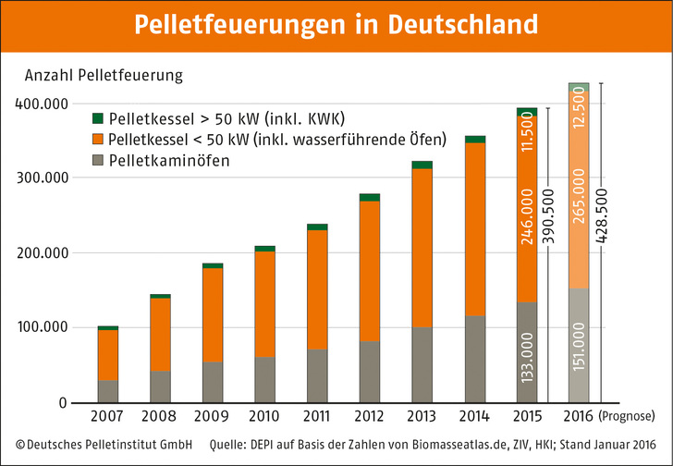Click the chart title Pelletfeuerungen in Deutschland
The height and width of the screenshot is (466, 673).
[x=336, y=25]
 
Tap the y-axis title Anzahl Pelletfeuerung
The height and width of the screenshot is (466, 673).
[x=104, y=73]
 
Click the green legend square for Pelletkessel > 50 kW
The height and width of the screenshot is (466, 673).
[x=98, y=119]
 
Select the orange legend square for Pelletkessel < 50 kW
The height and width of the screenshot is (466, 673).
[x=98, y=140]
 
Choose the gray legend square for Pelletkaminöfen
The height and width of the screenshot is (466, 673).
[x=98, y=161]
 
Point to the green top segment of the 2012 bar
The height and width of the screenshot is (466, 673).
[x=370, y=197]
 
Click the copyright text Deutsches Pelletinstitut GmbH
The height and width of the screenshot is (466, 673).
[x=103, y=445]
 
